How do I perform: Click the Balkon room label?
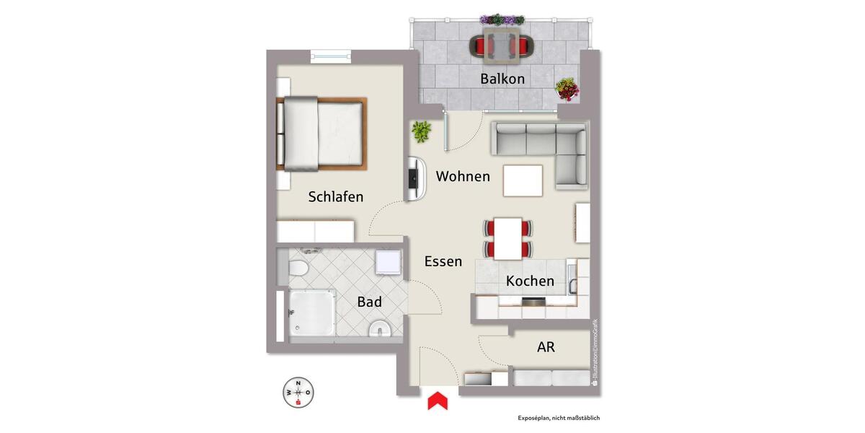pyautogui.click(x=502, y=79)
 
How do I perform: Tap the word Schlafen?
pyautogui.click(x=336, y=196)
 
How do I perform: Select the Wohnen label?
pyautogui.click(x=463, y=176)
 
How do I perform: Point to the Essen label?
pyautogui.click(x=443, y=261)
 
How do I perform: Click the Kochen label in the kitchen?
pyautogui.click(x=530, y=281)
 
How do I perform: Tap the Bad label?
pyautogui.click(x=369, y=302)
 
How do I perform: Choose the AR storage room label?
pyautogui.click(x=546, y=346)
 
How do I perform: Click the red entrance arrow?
pyautogui.click(x=438, y=401)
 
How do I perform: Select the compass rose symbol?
pyautogui.click(x=298, y=393)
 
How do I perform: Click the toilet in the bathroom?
pyautogui.click(x=298, y=269)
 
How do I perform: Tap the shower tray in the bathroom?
pyautogui.click(x=312, y=316)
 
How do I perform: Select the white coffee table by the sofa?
pyautogui.click(x=523, y=180)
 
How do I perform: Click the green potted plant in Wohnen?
pyautogui.click(x=421, y=131)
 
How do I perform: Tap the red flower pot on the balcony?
pyautogui.click(x=567, y=89)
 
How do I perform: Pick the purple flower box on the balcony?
pyautogui.click(x=502, y=19)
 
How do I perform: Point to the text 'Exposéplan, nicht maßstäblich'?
pyautogui.click(x=559, y=418)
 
